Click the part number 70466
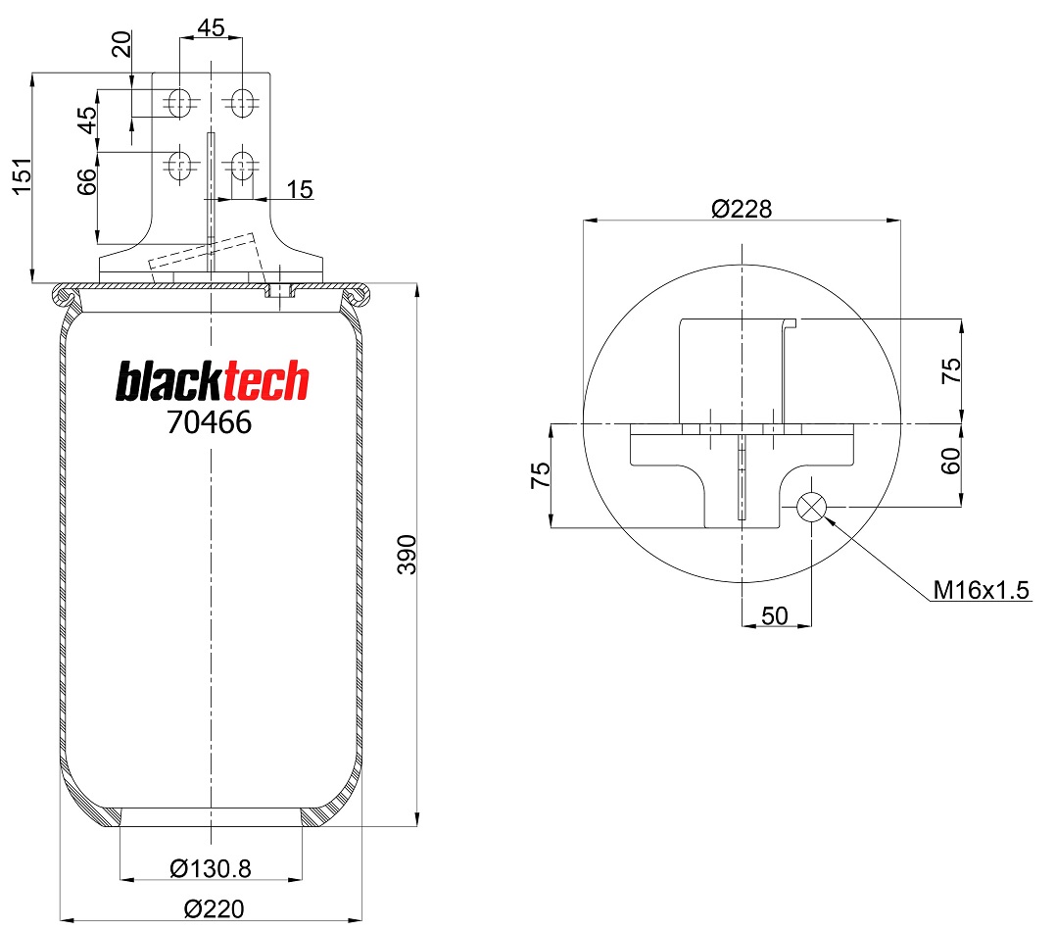210,422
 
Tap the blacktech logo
212,381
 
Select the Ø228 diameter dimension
742,209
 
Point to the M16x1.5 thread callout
981,590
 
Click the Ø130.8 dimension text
211,868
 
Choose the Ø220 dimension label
214,908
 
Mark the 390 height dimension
407,555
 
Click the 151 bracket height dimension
23,176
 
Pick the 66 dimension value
87,181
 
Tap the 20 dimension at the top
121,44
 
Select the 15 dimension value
300,190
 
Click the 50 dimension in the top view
775,615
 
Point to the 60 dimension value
950,462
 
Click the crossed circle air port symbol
811,507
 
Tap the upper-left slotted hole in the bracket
179,102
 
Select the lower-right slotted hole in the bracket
242,167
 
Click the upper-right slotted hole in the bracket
242,102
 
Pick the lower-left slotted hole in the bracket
179,167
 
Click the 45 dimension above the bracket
211,27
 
